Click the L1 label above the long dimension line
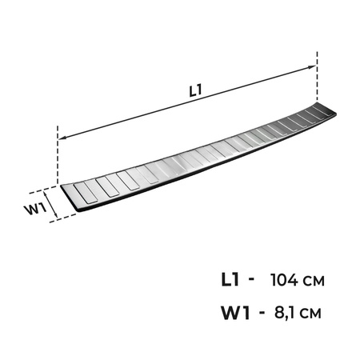(195, 90)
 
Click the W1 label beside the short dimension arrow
(35, 210)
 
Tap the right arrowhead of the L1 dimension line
(312, 67)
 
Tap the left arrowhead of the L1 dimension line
(62, 138)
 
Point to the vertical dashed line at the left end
(58, 154)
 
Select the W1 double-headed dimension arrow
(50, 202)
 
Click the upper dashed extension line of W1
(43, 190)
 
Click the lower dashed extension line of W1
(63, 218)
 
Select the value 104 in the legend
(284, 280)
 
